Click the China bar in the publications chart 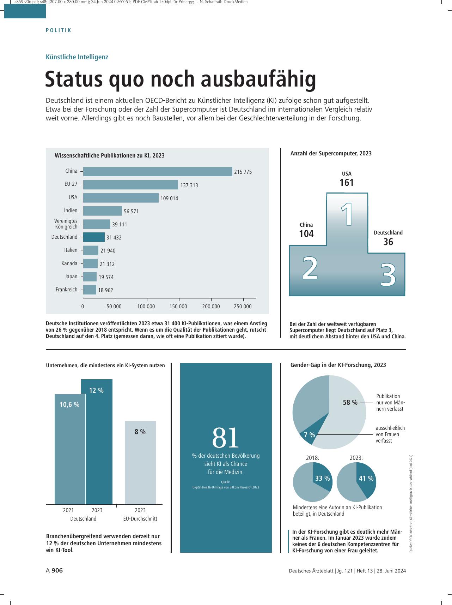pos(158,171)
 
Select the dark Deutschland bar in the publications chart pos(94,237)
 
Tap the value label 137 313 pos(189,185)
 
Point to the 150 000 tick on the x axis pos(178,307)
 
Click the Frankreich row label pos(66,290)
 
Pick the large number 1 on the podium pos(347,214)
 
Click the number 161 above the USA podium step pos(347,183)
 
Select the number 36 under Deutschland pos(388,242)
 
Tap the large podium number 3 pos(388,274)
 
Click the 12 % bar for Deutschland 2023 pos(97,442)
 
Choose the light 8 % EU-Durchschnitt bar pos(140,463)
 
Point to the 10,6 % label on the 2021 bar pos(69,405)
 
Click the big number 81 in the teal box pos(226,438)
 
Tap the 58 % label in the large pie pos(350,403)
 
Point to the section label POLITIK pos(59,30)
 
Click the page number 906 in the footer pos(57,570)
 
